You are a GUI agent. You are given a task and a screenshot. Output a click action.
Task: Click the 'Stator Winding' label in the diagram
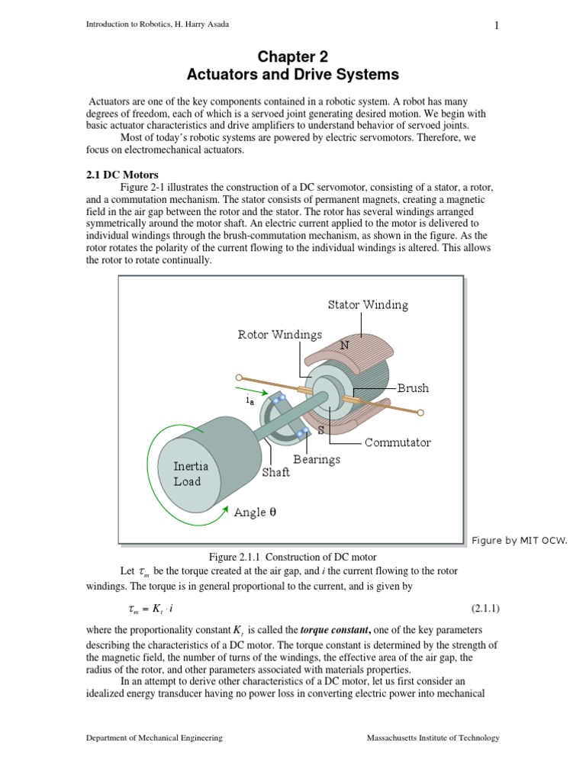tap(368, 305)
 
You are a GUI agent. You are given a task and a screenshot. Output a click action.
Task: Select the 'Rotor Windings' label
tap(279, 335)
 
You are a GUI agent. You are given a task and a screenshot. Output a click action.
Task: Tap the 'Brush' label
tap(413, 388)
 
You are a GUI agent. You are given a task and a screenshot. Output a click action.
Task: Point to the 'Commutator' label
tap(398, 442)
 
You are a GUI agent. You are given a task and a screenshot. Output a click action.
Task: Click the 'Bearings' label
tap(317, 460)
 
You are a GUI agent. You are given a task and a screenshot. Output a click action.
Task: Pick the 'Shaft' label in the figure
tap(276, 473)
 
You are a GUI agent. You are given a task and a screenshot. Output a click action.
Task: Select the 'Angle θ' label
tap(255, 513)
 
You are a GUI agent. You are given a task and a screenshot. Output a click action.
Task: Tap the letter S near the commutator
tap(321, 430)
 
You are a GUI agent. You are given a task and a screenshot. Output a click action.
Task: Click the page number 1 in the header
tap(497, 26)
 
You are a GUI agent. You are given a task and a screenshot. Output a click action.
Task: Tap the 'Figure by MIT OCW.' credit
tap(524, 541)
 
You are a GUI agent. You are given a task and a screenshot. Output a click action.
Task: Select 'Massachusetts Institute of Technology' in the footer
tap(433, 738)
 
